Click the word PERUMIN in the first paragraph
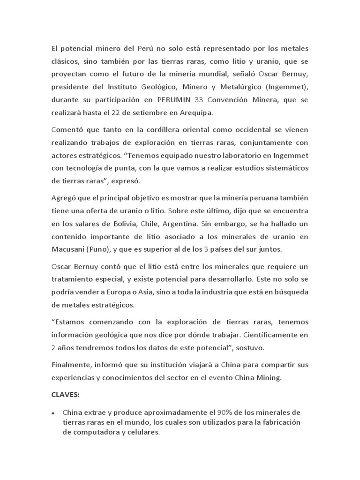tap(174, 100)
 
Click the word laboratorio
tap(235, 155)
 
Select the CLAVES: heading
tap(65, 395)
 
